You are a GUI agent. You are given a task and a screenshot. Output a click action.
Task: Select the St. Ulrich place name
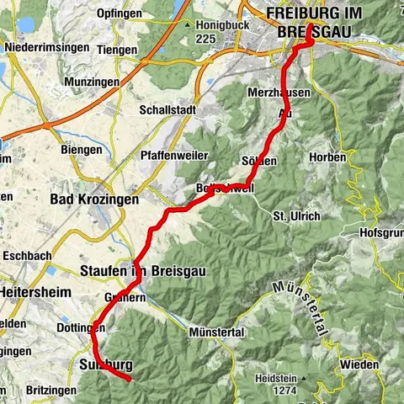296,216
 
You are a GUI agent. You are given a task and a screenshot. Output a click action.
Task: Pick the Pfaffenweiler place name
172,156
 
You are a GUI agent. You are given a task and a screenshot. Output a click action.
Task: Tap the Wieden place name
361,364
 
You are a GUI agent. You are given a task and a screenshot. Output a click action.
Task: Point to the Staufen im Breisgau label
143,271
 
